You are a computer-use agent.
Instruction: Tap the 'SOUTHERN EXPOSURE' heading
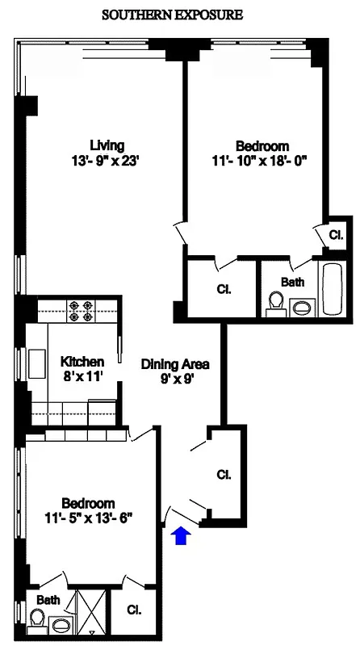pyautogui.click(x=172, y=15)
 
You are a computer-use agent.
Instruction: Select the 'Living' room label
pyautogui.click(x=107, y=145)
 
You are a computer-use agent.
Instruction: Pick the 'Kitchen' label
pyautogui.click(x=82, y=361)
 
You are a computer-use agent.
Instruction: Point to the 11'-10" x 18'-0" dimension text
pyautogui.click(x=262, y=161)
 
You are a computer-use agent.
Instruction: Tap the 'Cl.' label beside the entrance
pyautogui.click(x=223, y=475)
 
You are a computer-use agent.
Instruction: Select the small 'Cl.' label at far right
pyautogui.click(x=337, y=235)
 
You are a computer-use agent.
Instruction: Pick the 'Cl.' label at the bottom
pyautogui.click(x=135, y=611)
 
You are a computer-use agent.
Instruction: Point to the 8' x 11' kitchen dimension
pyautogui.click(x=82, y=376)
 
